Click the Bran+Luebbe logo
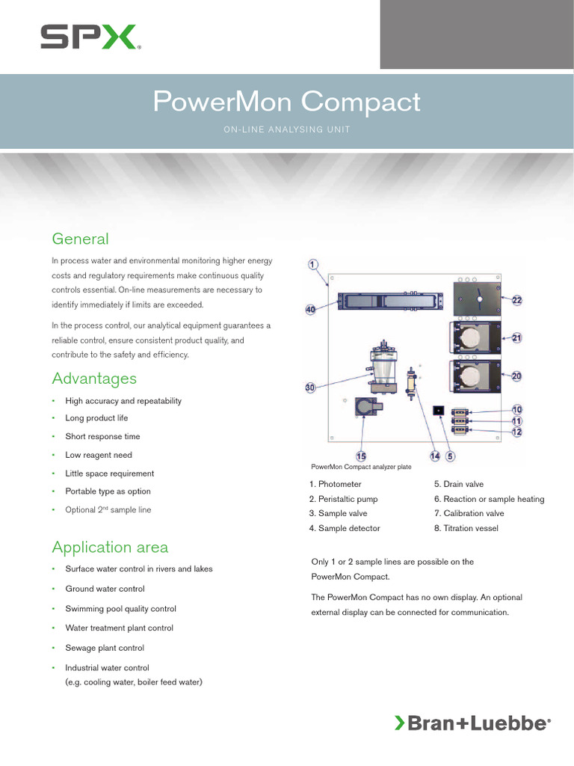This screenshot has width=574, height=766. [x=472, y=723]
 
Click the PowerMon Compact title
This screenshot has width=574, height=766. [x=286, y=102]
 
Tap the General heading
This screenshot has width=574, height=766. [x=80, y=239]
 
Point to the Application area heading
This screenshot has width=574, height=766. [x=110, y=547]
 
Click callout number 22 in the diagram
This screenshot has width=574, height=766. [x=516, y=300]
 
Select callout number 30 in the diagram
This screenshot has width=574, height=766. [x=311, y=387]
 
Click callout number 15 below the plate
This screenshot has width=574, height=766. [x=361, y=456]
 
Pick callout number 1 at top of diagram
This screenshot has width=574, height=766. [x=313, y=264]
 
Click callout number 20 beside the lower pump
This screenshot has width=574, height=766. [x=516, y=376]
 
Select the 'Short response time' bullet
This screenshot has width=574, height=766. [x=102, y=437]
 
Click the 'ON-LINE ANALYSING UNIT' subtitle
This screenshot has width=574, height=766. [x=286, y=129]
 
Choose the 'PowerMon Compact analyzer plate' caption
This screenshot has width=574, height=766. [x=360, y=467]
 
